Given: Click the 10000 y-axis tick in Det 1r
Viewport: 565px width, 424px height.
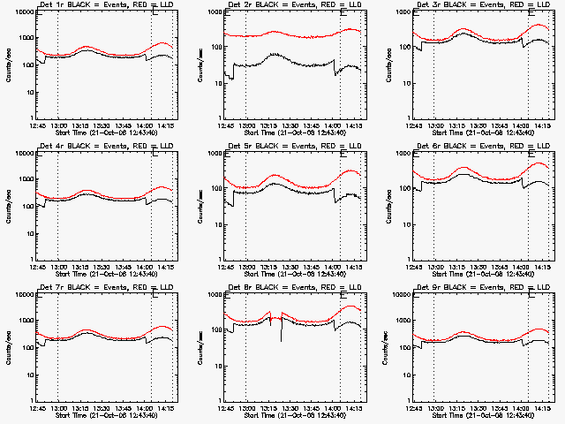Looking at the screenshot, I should pos(22,12).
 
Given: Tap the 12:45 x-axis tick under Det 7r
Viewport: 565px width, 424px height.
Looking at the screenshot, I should pos(36,408).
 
